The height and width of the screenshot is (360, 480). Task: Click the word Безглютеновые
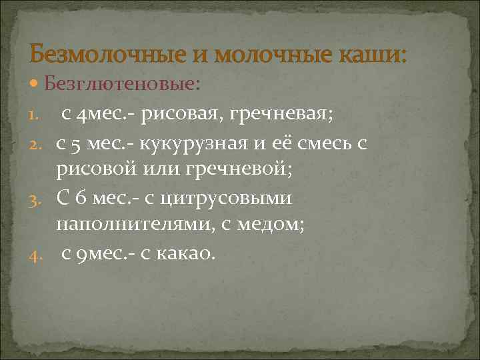[120, 84]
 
